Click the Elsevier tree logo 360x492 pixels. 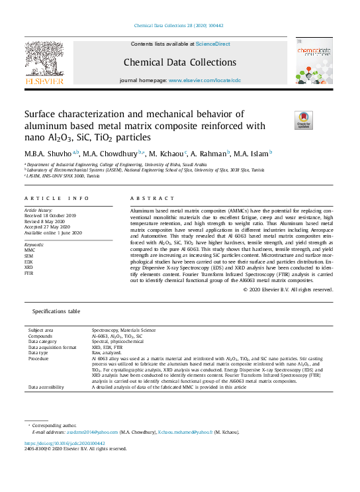tap(44, 62)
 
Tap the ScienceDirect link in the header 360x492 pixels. tap(212, 44)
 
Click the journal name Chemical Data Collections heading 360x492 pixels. tap(180, 63)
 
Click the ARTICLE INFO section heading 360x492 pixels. tap(56, 199)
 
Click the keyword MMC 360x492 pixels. tap(30, 250)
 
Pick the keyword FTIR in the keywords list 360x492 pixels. tap(30, 273)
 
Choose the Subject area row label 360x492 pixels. tap(41, 330)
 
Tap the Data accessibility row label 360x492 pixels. tap(46, 387)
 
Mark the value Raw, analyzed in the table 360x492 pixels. tap(107, 352)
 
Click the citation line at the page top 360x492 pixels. tap(179, 25)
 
